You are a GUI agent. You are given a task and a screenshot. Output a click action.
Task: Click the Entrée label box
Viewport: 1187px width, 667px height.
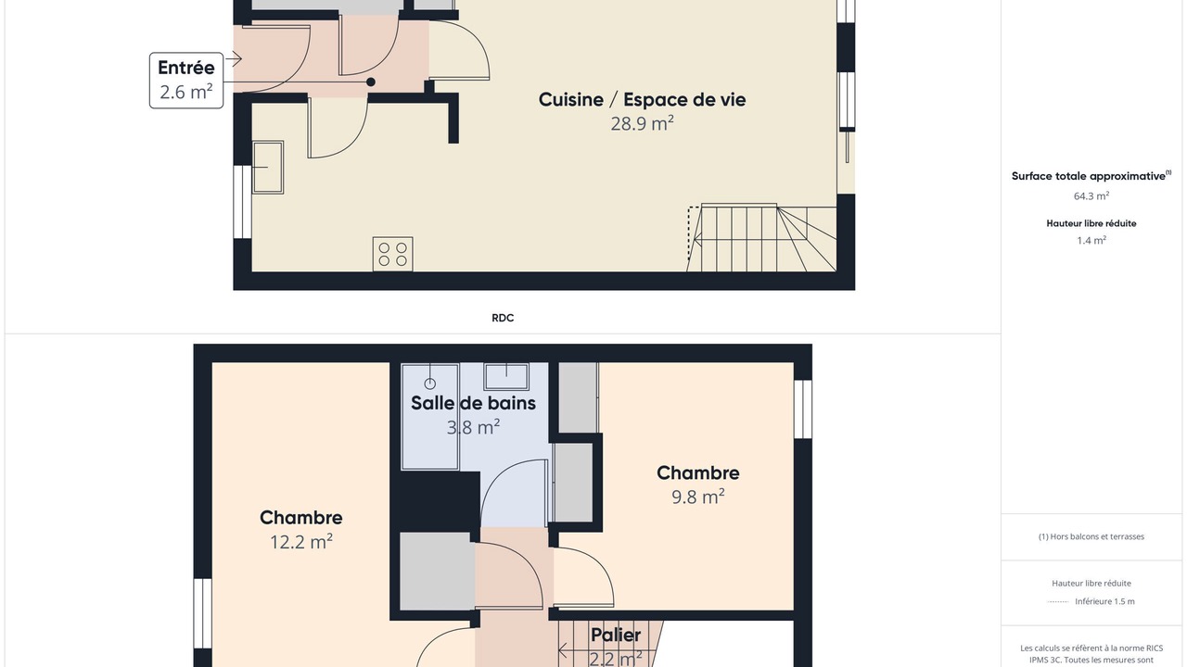pyautogui.click(x=186, y=81)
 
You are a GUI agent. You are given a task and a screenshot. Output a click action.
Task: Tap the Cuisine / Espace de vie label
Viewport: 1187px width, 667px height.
pyautogui.click(x=642, y=99)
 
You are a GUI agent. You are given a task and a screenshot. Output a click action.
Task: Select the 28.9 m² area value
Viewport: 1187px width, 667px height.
pyautogui.click(x=642, y=123)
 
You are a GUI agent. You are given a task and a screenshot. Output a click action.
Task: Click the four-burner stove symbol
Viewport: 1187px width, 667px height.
pyautogui.click(x=392, y=254)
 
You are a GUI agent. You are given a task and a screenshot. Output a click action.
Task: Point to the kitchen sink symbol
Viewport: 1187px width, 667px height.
pyautogui.click(x=268, y=168)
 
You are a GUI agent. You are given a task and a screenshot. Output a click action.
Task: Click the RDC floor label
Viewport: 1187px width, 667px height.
pyautogui.click(x=503, y=318)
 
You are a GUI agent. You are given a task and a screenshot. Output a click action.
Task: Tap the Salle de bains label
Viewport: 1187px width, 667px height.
pyautogui.click(x=473, y=403)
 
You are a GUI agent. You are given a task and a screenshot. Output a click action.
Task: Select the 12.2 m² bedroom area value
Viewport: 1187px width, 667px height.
pyautogui.click(x=301, y=542)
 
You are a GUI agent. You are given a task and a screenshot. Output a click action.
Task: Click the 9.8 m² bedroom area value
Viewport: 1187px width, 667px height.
pyautogui.click(x=698, y=497)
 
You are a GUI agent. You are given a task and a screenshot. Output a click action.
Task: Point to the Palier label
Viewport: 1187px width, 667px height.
pyautogui.click(x=616, y=635)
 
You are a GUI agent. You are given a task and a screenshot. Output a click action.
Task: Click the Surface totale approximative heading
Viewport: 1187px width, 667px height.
pyautogui.click(x=1091, y=176)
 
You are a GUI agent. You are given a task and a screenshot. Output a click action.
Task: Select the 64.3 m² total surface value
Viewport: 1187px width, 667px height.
pyautogui.click(x=1091, y=195)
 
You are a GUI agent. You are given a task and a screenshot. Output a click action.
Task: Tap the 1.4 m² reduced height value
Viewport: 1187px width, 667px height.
pyautogui.click(x=1091, y=240)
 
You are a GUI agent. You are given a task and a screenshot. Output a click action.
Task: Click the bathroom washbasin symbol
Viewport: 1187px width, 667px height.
pyautogui.click(x=506, y=376)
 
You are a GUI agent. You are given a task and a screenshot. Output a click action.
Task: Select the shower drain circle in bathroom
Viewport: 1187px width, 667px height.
pyautogui.click(x=429, y=384)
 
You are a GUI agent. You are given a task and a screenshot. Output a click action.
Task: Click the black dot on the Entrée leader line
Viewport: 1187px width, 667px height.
pyautogui.click(x=371, y=82)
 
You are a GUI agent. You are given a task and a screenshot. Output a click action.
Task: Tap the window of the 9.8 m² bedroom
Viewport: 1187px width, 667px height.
pyautogui.click(x=803, y=409)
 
